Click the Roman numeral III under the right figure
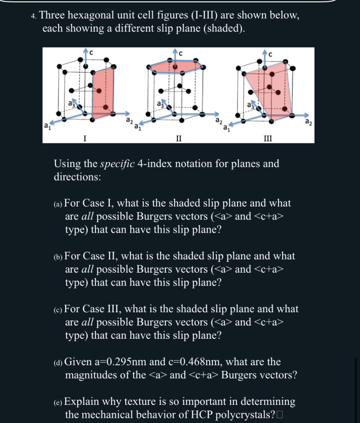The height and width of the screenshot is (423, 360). (x=268, y=137)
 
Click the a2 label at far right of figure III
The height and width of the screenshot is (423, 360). (x=308, y=122)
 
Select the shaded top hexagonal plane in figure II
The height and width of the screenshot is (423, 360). (x=175, y=67)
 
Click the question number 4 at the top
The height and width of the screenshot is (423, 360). (x=34, y=15)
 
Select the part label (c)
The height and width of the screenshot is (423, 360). (x=58, y=309)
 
